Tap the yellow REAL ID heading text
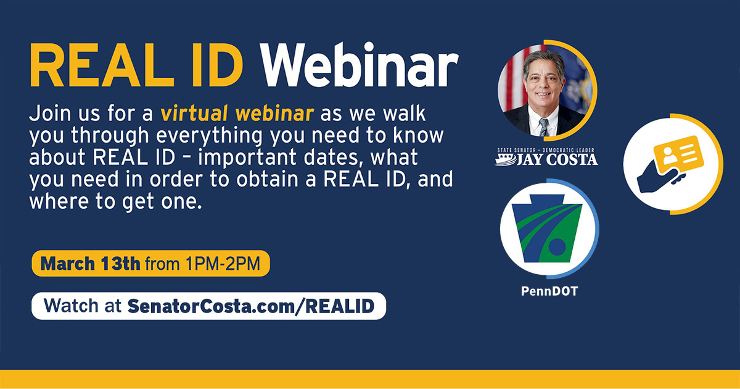tap(137, 65)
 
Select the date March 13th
tap(90, 264)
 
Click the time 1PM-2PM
tap(223, 264)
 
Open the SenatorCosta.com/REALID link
tap(251, 306)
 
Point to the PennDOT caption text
tap(549, 291)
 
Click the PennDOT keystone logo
tap(548, 228)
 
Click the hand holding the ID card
tap(659, 177)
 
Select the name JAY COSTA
tap(557, 159)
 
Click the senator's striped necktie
tap(543, 127)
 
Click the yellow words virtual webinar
tap(237, 113)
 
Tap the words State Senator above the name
tap(516, 150)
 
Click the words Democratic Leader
tap(568, 150)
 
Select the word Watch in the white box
tap(71, 306)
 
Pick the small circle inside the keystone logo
tap(557, 247)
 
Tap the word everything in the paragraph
tap(210, 136)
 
